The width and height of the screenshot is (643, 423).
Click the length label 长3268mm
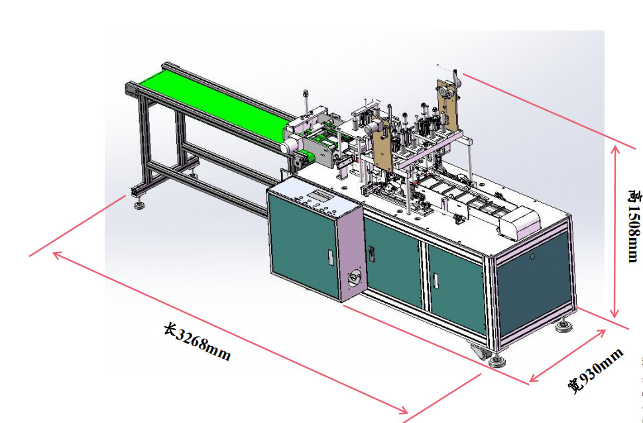point(197,341)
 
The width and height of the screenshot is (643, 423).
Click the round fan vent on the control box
point(353,278)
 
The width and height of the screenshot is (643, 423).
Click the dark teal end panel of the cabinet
point(534,283)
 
